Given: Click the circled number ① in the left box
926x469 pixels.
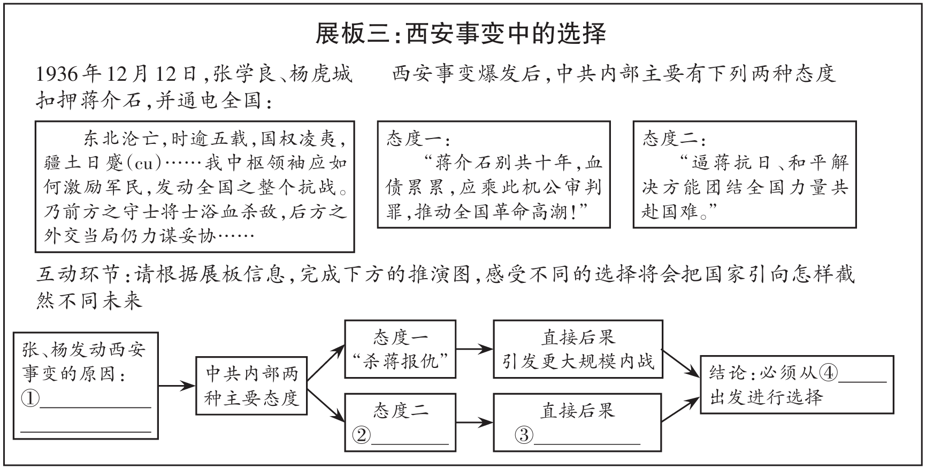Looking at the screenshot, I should (x=30, y=398).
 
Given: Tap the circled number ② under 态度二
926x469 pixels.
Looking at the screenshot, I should (x=362, y=435).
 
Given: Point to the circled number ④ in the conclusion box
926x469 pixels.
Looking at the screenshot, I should (x=828, y=373).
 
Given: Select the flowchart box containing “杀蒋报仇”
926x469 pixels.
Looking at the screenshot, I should (x=400, y=349).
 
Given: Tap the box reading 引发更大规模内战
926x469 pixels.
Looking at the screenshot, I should (x=578, y=349).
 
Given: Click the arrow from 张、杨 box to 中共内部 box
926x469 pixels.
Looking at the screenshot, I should (x=177, y=385).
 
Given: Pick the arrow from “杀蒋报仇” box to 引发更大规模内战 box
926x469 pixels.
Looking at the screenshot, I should (x=475, y=350).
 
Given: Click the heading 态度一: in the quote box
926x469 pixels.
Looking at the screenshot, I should (x=418, y=139).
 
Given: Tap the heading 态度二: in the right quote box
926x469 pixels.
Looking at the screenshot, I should (x=674, y=139).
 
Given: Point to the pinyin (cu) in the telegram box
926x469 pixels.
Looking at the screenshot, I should (x=144, y=163).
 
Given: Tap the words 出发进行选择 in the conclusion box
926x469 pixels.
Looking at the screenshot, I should (x=766, y=397).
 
